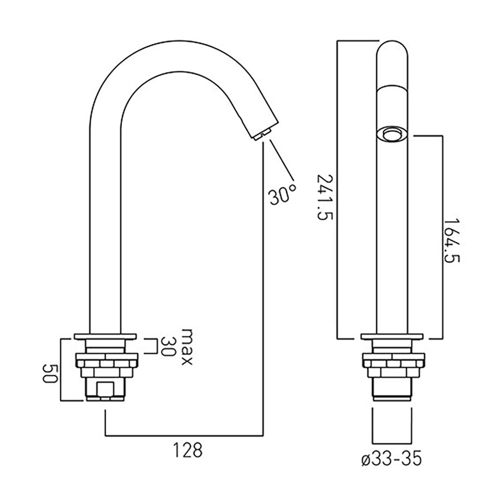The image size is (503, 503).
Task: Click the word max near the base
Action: pos(187,347)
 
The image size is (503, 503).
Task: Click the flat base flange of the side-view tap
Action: pos(106,336)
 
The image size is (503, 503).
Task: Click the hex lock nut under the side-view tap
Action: pos(106,364)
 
